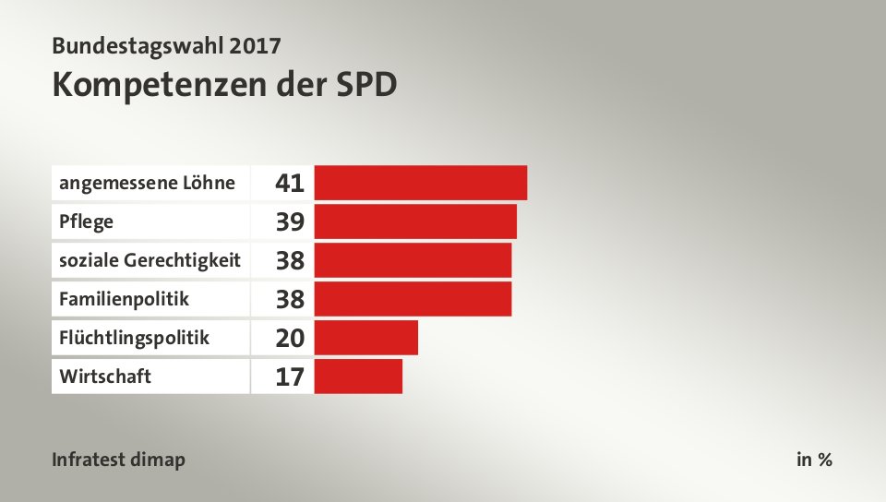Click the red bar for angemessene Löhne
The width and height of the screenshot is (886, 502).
pyautogui.click(x=421, y=183)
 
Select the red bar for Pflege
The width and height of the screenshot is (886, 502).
pyautogui.click(x=415, y=221)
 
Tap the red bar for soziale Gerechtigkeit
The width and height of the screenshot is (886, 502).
pyautogui.click(x=413, y=260)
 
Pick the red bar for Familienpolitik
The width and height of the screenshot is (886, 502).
pyautogui.click(x=413, y=299)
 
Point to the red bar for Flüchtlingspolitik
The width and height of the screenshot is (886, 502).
pyautogui.click(x=366, y=338)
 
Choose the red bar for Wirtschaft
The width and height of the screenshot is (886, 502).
pyautogui.click(x=358, y=376)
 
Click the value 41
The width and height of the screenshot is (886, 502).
pyautogui.click(x=290, y=183)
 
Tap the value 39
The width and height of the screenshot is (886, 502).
pyautogui.click(x=290, y=221)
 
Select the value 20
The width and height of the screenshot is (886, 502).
pyautogui.click(x=290, y=338)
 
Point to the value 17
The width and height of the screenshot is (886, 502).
pyautogui.click(x=290, y=376)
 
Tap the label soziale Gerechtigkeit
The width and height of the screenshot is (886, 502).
pyautogui.click(x=150, y=260)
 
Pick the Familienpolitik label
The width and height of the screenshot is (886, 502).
pyautogui.click(x=124, y=299)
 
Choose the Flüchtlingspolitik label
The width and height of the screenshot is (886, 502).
pyautogui.click(x=134, y=338)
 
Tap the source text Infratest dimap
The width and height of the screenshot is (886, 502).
pyautogui.click(x=119, y=460)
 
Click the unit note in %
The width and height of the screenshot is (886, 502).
pyautogui.click(x=814, y=460)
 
